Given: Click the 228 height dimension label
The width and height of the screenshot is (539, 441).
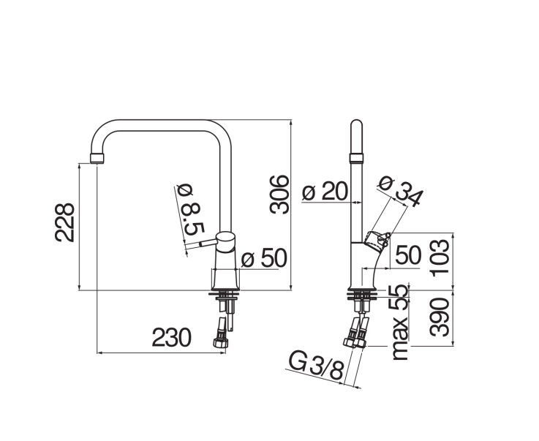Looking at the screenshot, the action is (64, 223).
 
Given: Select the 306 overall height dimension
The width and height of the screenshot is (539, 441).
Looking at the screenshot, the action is (279, 195).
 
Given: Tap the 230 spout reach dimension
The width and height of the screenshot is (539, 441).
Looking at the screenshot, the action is (171, 337).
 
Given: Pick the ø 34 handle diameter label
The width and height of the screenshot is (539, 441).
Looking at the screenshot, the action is (401, 192).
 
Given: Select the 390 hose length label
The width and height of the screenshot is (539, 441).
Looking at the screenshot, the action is (440, 317).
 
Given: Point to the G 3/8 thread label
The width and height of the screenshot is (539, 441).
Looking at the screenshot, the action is (316, 365).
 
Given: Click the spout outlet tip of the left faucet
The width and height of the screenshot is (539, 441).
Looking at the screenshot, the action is (97, 159).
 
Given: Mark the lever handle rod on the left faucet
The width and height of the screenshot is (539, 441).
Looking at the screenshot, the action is (208, 244).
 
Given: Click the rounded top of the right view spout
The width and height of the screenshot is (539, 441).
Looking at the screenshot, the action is (356, 124).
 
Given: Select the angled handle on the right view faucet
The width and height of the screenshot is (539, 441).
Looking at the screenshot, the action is (378, 241).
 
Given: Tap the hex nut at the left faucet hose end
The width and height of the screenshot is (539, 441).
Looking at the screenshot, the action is (219, 343).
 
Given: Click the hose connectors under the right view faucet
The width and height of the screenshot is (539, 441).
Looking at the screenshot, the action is (355, 332).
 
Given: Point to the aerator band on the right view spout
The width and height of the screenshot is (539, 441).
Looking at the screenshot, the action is (356, 159).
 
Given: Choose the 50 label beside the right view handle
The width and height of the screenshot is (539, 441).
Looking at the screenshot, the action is (408, 255).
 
